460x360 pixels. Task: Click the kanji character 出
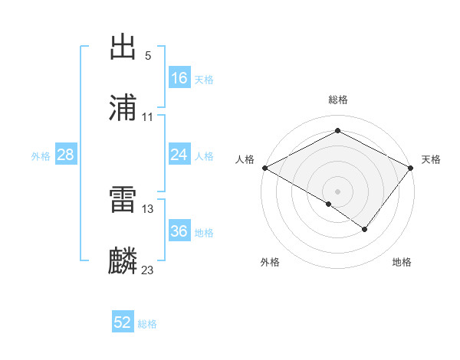pyautogui.click(x=123, y=47)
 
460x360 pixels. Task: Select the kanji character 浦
pyautogui.click(x=123, y=109)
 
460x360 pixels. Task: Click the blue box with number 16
pyautogui.click(x=179, y=78)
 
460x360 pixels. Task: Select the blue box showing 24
pyautogui.click(x=179, y=155)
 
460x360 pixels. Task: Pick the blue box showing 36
pyautogui.click(x=179, y=231)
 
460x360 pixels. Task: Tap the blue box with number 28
pyautogui.click(x=66, y=155)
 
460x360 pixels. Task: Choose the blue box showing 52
pyautogui.click(x=123, y=322)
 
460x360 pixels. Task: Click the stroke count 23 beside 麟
pyautogui.click(x=148, y=270)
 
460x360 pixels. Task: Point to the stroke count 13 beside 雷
pyautogui.click(x=148, y=208)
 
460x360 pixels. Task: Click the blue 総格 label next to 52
pyautogui.click(x=147, y=324)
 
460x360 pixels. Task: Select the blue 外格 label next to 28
pyautogui.click(x=41, y=156)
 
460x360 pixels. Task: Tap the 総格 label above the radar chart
pyautogui.click(x=337, y=100)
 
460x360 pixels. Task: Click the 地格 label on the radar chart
pyautogui.click(x=402, y=262)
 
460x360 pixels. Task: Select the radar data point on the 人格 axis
pyautogui.click(x=264, y=168)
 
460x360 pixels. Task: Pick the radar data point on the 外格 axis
pyautogui.click(x=329, y=204)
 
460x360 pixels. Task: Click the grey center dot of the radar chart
pyautogui.click(x=337, y=191)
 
